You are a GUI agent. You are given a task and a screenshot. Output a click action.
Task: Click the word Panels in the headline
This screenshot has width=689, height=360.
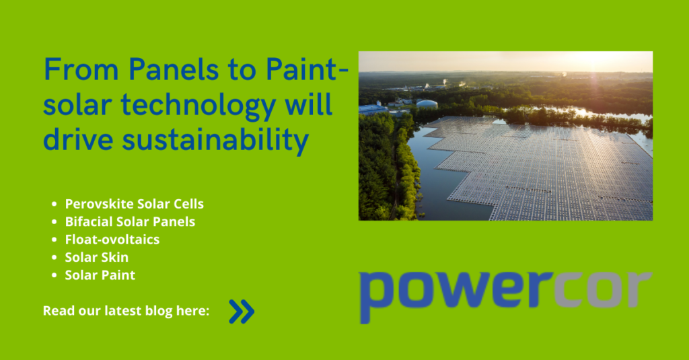(x=174, y=69)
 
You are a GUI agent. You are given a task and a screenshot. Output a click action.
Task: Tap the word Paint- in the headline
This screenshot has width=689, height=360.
(x=307, y=69)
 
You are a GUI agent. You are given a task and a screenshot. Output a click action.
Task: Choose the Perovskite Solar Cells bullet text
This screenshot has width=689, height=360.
(x=135, y=204)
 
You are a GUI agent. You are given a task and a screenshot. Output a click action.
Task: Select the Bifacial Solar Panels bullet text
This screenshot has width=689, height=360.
(x=130, y=221)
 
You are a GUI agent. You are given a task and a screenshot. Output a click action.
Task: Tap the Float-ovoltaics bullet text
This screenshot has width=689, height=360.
(x=112, y=240)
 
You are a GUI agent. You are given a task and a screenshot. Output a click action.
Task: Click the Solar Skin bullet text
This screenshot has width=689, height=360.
(x=97, y=257)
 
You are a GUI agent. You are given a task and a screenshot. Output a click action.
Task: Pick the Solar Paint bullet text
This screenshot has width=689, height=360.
(x=100, y=275)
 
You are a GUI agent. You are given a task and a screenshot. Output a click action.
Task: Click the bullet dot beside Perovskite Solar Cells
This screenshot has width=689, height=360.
(x=54, y=204)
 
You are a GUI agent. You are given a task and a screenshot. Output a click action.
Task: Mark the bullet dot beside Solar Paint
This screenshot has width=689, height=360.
(x=54, y=275)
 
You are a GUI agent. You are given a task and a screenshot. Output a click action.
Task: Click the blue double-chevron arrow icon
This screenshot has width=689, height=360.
(x=242, y=312)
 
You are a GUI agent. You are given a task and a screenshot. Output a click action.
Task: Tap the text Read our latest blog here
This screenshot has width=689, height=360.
(x=126, y=311)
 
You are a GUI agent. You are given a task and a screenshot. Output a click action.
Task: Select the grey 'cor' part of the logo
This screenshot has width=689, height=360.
(x=603, y=289)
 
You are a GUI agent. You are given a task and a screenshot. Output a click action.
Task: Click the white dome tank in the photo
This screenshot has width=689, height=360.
(x=427, y=104)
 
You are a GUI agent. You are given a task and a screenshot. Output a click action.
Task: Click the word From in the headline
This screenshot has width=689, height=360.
(x=81, y=69)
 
